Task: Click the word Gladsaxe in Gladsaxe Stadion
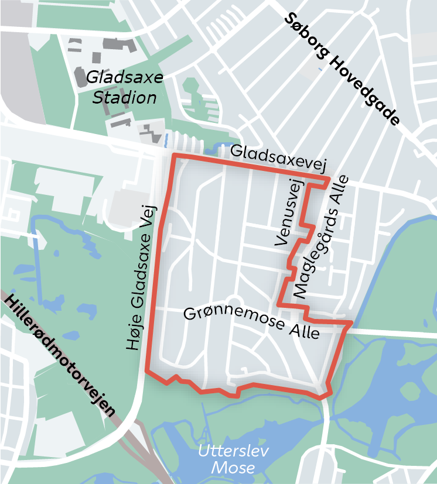[x=124, y=78]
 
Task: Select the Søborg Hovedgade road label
[x=343, y=69]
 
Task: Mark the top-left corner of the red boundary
[x=173, y=156]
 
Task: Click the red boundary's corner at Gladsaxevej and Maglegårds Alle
[x=329, y=178]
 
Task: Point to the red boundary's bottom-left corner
[x=146, y=370]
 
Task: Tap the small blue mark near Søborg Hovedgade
[x=319, y=70]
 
